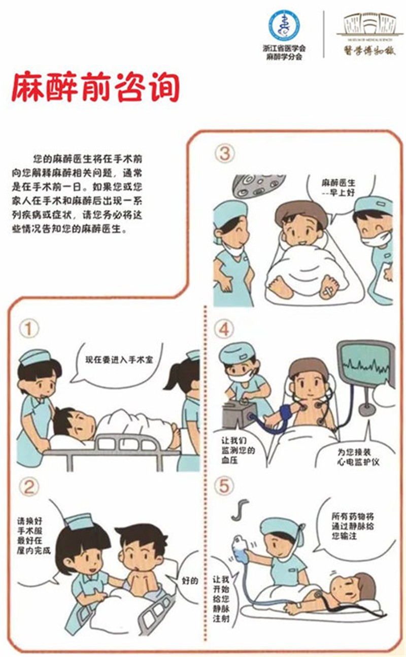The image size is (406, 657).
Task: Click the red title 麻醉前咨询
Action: click(95, 87)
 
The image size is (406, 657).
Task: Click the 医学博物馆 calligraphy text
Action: click(369, 50)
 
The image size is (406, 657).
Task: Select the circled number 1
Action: click(29, 329)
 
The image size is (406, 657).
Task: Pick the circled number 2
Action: click(29, 487)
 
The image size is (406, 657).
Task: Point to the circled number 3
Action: click(224, 154)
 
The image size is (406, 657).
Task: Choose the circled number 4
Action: click(224, 329)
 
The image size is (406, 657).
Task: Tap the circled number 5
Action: click(224, 486)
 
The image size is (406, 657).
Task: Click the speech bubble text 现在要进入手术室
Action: click(119, 359)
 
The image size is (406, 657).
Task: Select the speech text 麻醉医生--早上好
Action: click(339, 188)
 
